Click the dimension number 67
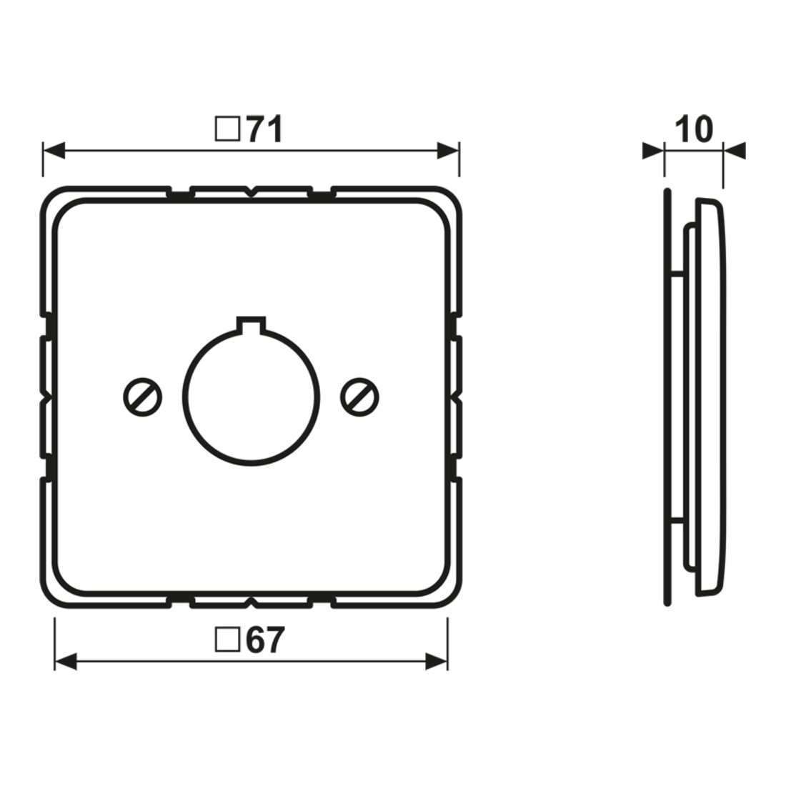[264, 640]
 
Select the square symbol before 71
[227, 129]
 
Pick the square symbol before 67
[227, 640]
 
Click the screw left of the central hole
[142, 397]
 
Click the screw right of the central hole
[359, 397]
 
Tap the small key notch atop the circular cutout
[251, 324]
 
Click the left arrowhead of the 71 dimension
[54, 150]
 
